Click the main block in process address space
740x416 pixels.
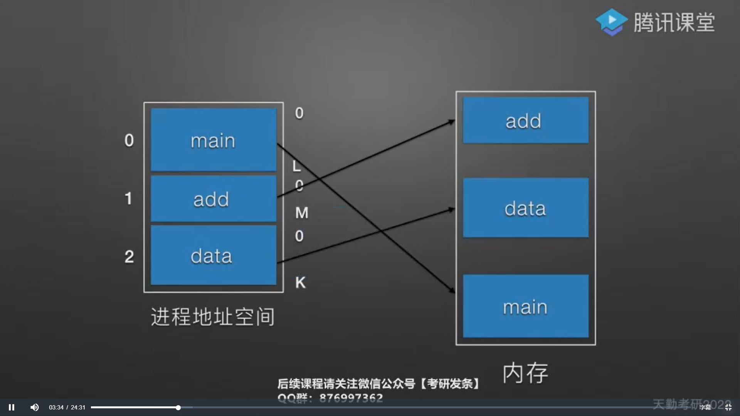tap(213, 140)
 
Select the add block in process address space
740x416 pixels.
tap(213, 199)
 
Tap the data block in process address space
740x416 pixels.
tap(213, 255)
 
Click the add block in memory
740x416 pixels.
tap(525, 121)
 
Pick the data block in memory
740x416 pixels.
tap(525, 208)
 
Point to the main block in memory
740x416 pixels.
tap(525, 307)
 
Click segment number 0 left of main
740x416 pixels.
tap(129, 141)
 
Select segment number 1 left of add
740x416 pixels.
tap(128, 198)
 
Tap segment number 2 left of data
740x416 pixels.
tap(129, 257)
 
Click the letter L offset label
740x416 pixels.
tap(296, 166)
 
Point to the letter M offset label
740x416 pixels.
tap(302, 213)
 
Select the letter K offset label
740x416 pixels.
tap(300, 283)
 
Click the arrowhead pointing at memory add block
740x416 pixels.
tap(451, 122)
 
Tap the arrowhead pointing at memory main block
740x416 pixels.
tap(451, 291)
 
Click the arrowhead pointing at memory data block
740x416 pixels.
tap(451, 210)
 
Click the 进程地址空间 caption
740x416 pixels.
tap(213, 317)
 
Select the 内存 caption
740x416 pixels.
tap(525, 373)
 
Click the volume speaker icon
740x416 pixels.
tap(35, 407)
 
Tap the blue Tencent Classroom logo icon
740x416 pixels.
tap(611, 22)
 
